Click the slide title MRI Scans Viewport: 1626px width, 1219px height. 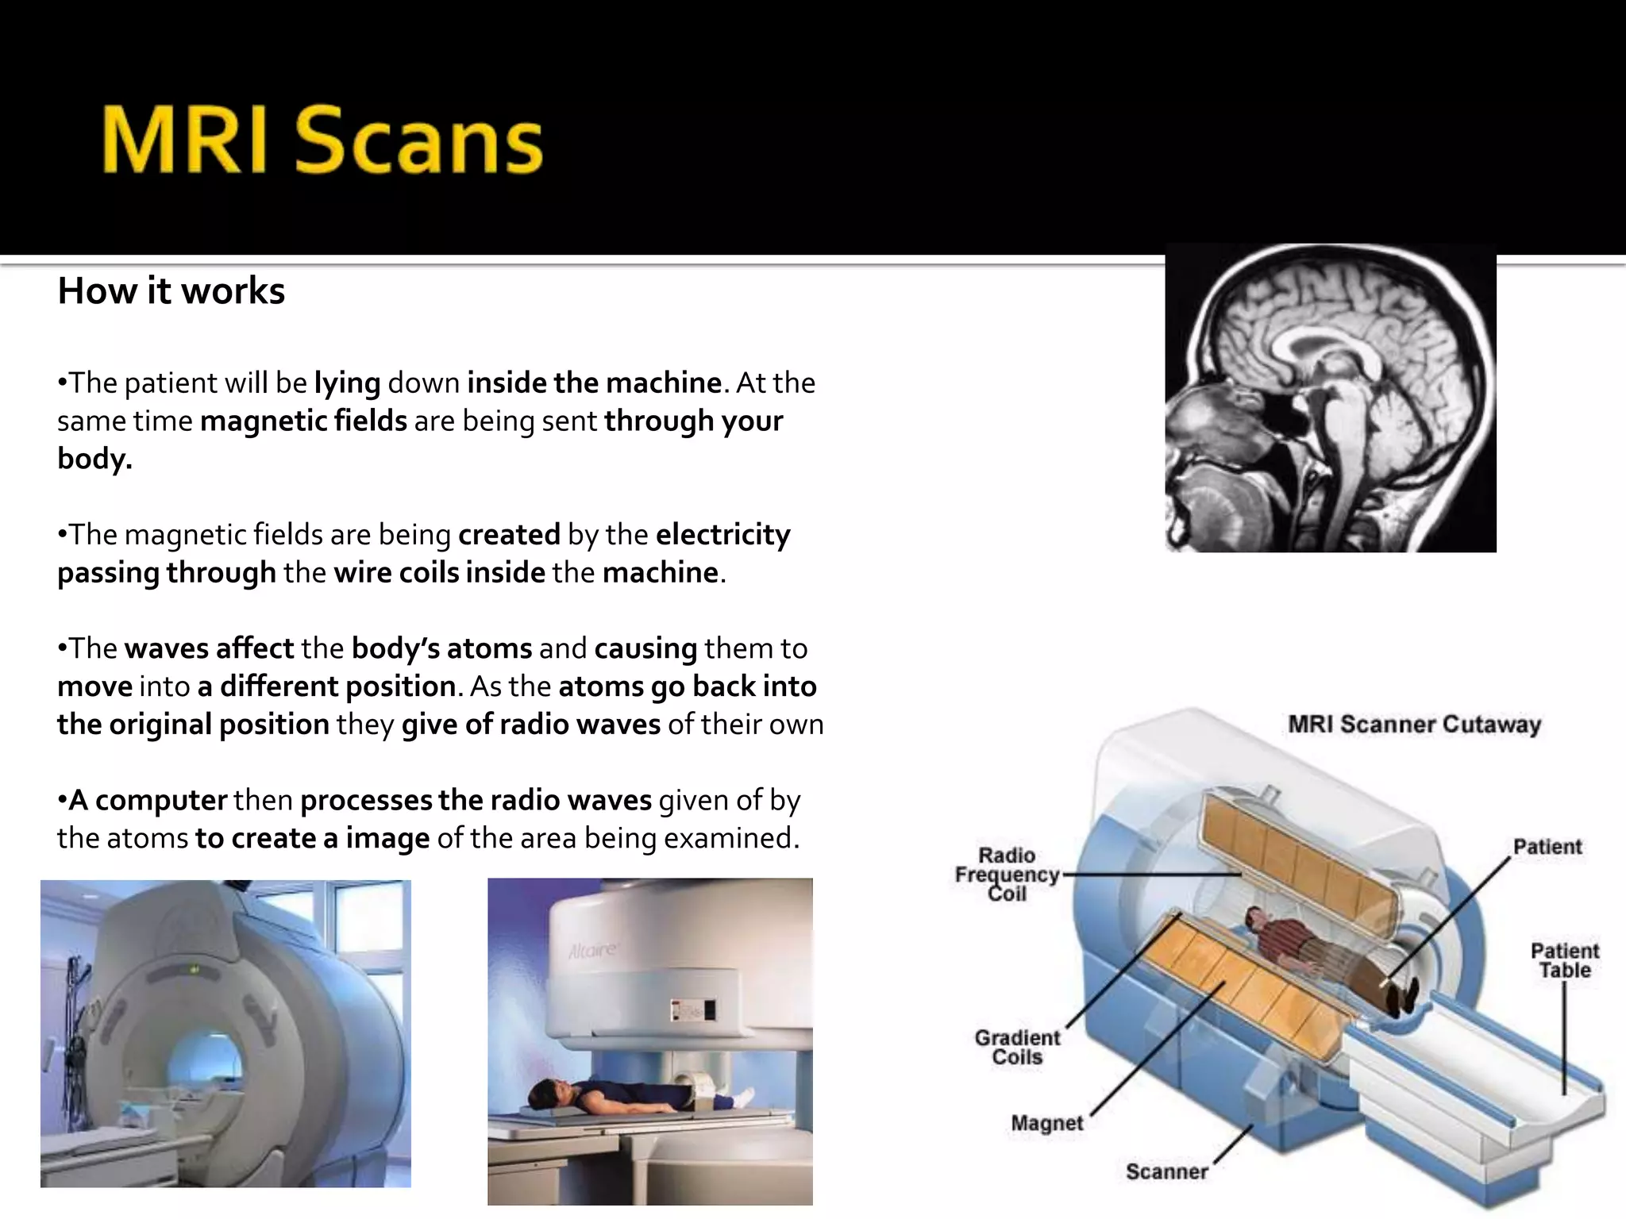pyautogui.click(x=322, y=140)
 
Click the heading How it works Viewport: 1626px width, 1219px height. pyautogui.click(x=171, y=291)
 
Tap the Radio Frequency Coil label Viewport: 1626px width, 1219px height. pyautogui.click(x=1007, y=875)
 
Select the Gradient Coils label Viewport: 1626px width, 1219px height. pyautogui.click(x=1017, y=1048)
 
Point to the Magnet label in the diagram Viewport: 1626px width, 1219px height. pyautogui.click(x=1046, y=1123)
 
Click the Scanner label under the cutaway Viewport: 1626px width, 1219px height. pyautogui.click(x=1166, y=1171)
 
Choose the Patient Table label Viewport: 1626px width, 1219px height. pyautogui.click(x=1564, y=960)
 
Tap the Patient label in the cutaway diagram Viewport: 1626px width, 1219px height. pyautogui.click(x=1547, y=847)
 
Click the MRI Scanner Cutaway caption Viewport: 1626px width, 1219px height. pyautogui.click(x=1414, y=725)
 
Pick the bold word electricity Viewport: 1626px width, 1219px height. pyautogui.click(x=722, y=535)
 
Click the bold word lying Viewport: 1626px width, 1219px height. pyautogui.click(x=347, y=383)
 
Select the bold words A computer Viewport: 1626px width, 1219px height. pyautogui.click(x=148, y=800)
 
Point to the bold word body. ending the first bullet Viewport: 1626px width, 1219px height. pyautogui.click(x=94, y=459)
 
